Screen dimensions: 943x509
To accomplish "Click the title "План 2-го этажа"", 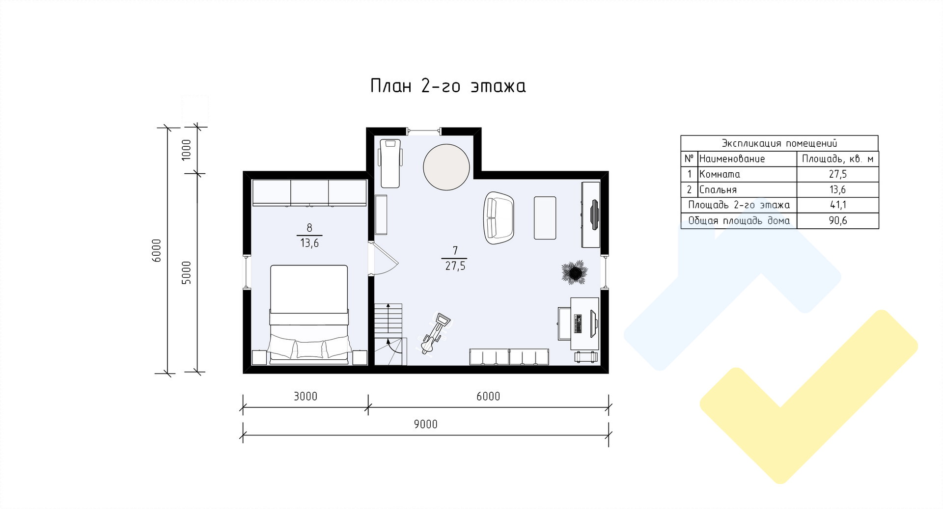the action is click(447, 86).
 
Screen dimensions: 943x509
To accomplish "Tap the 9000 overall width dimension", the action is click(425, 424).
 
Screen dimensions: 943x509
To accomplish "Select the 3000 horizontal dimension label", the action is click(305, 396).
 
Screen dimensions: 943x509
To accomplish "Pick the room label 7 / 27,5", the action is click(455, 259).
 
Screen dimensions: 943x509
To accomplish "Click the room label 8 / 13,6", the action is click(309, 235).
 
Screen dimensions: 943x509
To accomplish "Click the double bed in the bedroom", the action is click(309, 315).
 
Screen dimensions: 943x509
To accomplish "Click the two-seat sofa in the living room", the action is click(499, 218).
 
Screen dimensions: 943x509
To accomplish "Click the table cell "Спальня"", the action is click(718, 189).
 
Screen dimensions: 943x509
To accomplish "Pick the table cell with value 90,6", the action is click(838, 220).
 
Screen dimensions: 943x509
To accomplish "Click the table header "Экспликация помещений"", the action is click(779, 143).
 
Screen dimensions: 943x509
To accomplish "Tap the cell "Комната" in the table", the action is click(720, 174).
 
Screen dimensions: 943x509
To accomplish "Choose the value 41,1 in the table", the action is click(838, 205).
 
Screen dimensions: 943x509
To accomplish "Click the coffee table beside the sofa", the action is click(545, 218).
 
